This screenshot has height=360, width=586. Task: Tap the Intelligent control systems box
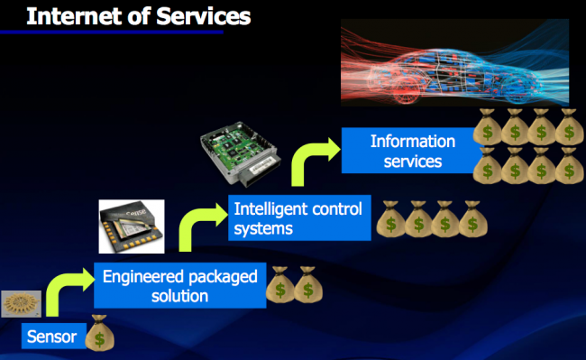pos(298,218)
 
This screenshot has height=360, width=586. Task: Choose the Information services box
pos(413,152)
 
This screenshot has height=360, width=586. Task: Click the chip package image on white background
pos(131,226)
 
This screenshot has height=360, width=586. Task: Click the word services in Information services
pos(413,162)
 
